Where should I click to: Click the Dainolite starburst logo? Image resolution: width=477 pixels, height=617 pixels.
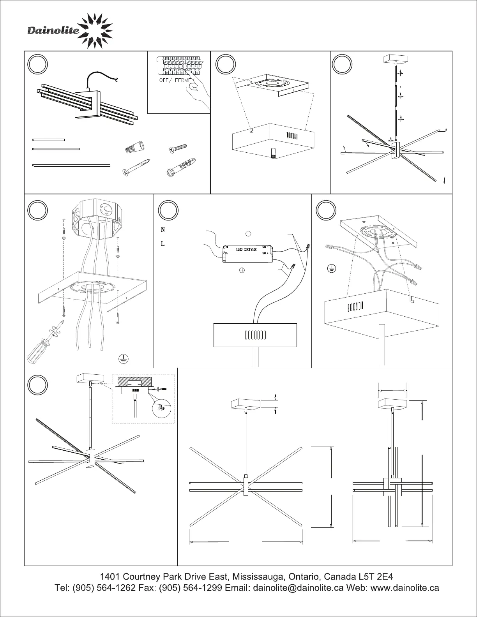[x=96, y=31]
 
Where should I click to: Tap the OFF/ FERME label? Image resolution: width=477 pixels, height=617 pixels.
[x=175, y=80]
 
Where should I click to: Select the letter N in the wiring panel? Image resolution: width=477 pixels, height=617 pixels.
[x=163, y=230]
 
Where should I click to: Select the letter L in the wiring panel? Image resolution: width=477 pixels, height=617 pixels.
[x=163, y=244]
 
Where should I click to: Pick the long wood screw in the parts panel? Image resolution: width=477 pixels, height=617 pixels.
[x=136, y=166]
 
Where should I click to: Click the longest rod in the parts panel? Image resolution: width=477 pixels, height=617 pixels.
[x=71, y=166]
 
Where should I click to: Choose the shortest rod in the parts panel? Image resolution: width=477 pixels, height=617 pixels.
[x=48, y=139]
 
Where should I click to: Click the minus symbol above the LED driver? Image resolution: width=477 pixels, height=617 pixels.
[x=248, y=234]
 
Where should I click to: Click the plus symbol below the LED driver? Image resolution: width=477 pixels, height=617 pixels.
[x=242, y=270]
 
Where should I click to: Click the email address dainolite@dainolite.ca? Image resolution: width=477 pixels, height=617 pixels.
[x=298, y=588]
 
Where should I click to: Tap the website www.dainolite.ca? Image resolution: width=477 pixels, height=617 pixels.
[x=405, y=588]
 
